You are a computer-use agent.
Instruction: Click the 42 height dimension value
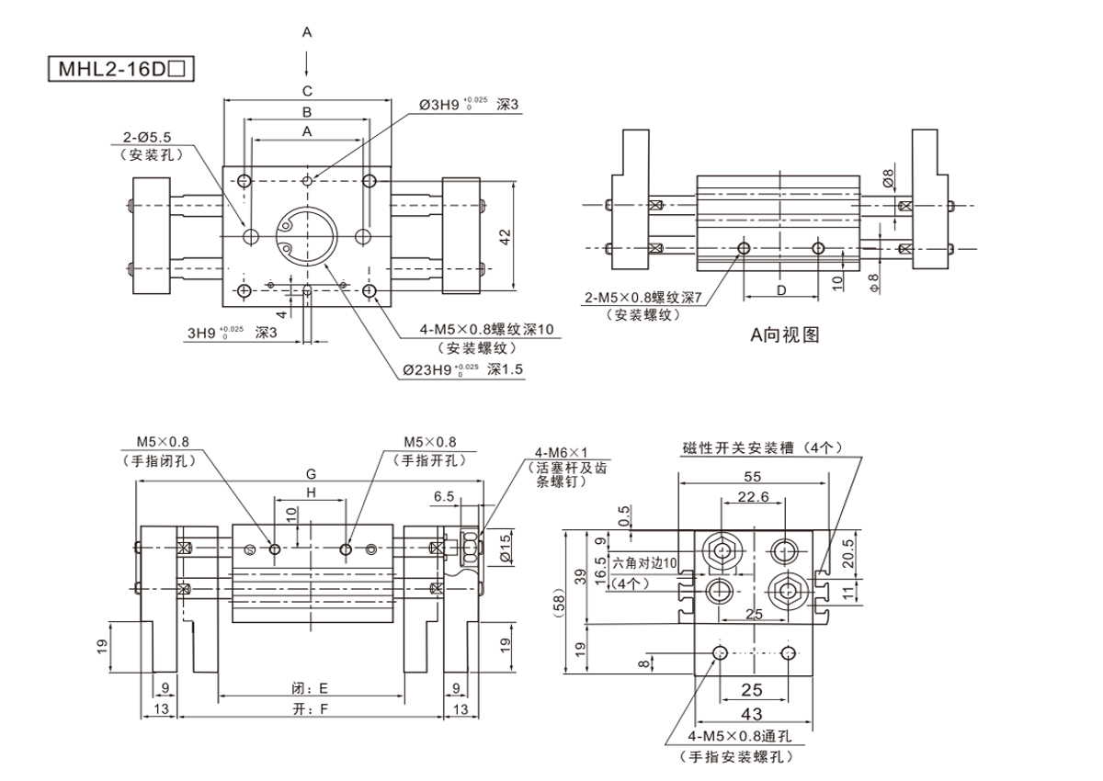[x=505, y=236]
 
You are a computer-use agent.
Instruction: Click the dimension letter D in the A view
[x=780, y=290]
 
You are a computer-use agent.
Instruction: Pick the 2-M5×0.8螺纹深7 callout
[x=642, y=298]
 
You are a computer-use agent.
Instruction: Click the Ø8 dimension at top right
[x=889, y=177]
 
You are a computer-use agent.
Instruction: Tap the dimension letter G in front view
[x=312, y=474]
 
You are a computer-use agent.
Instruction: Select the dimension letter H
[x=312, y=493]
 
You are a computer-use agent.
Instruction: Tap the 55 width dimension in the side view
[x=753, y=477]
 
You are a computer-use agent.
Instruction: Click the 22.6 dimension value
[x=753, y=497]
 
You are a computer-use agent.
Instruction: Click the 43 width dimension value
[x=752, y=714]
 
